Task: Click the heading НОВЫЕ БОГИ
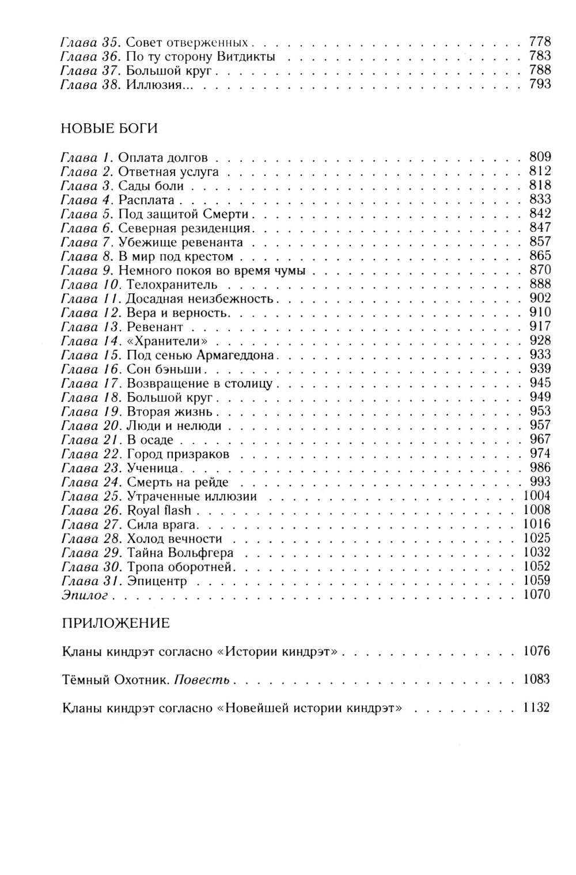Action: coord(109,128)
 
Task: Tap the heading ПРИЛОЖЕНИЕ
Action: coord(115,623)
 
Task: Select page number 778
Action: coord(540,42)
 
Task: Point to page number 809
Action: coord(540,157)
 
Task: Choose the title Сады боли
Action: coord(151,186)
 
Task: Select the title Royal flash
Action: coord(159,510)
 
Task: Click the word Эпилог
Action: coord(85,595)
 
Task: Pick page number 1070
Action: coord(537,594)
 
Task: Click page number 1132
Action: coord(537,707)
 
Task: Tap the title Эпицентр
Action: coord(157,581)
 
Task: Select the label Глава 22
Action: coord(89,454)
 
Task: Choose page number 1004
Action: coord(537,496)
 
